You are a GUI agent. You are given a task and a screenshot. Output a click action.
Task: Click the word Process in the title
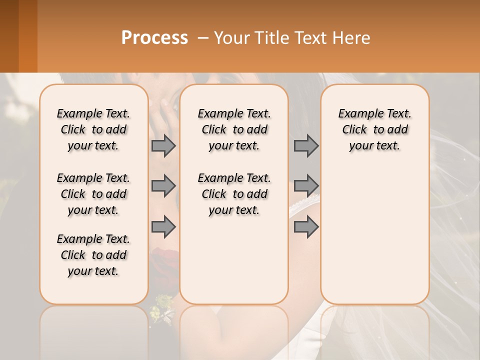click(154, 38)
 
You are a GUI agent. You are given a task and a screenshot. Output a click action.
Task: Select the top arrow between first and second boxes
click(163, 145)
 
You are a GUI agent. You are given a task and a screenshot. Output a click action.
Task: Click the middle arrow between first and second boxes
click(163, 186)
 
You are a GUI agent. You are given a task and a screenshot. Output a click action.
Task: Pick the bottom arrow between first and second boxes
click(163, 226)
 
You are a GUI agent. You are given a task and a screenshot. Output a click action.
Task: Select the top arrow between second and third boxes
click(306, 145)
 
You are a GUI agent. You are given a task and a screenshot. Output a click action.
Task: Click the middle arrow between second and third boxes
click(306, 186)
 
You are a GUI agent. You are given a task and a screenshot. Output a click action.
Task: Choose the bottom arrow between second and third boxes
click(306, 226)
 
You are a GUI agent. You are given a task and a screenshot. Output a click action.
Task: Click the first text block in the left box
click(93, 129)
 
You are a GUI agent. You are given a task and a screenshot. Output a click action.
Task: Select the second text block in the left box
click(93, 194)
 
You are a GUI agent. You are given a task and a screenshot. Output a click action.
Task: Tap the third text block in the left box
click(93, 255)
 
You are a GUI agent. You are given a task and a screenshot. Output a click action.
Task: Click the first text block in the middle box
click(234, 129)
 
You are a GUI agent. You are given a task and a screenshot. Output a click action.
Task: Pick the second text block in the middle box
click(234, 194)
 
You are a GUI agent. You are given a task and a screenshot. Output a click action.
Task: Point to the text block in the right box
click(374, 129)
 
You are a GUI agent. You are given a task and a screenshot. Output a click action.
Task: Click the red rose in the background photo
click(165, 260)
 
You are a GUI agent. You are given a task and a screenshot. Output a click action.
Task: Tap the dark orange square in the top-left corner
click(18, 36)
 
